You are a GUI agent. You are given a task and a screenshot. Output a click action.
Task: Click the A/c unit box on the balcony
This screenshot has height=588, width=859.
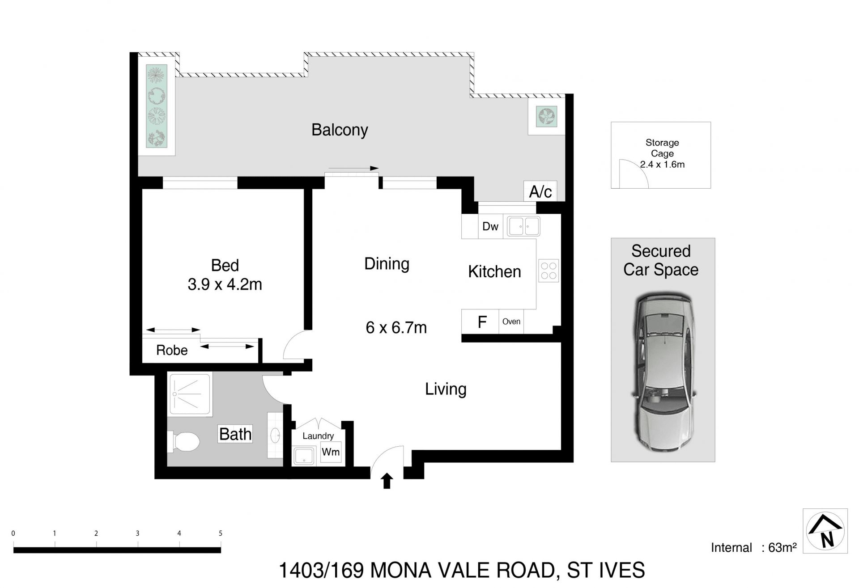(540, 191)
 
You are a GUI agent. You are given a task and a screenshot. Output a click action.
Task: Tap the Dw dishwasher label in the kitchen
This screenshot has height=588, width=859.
(490, 226)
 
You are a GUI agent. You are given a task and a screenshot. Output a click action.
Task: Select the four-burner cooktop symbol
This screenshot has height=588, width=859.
(549, 271)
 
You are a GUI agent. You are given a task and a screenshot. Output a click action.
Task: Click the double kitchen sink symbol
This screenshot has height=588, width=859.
(523, 226)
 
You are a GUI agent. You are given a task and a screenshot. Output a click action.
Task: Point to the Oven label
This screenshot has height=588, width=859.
(511, 321)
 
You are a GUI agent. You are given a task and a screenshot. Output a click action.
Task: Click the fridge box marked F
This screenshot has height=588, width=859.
(481, 322)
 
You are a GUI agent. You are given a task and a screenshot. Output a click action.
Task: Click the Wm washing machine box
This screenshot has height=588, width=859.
(331, 452)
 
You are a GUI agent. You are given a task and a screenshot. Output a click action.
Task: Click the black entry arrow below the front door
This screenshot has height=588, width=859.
(387, 482)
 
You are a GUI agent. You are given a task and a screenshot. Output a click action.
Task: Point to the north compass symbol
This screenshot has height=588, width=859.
(825, 531)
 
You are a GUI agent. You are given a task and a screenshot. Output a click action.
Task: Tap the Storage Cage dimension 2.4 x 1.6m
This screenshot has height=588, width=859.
(662, 165)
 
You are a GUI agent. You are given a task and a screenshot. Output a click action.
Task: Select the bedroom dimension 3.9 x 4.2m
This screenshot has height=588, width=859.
(225, 284)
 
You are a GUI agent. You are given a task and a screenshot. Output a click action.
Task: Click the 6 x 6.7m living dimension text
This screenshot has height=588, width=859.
(396, 328)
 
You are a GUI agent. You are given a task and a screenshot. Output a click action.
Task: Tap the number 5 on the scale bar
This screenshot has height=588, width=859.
(221, 533)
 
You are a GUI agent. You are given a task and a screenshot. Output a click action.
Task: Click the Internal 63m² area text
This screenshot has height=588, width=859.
(753, 548)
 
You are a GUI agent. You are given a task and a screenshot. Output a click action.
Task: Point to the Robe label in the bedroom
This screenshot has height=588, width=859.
(172, 350)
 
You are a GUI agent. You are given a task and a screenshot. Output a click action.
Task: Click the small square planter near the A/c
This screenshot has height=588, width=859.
(546, 117)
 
